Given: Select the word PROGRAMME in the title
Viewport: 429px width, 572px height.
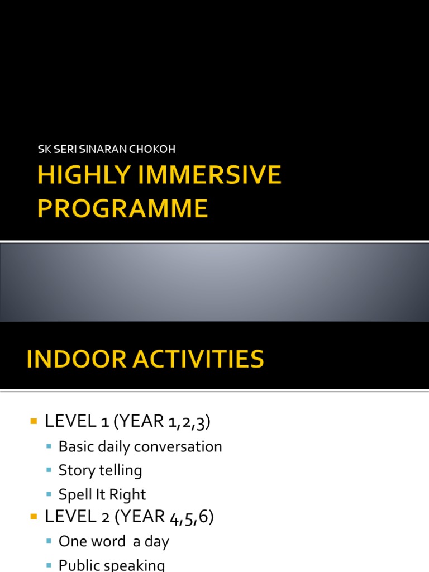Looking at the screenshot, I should [122, 208].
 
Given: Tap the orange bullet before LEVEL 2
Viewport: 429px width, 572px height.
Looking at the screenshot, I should [33, 517].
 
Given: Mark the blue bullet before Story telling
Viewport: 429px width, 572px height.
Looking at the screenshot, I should [49, 470].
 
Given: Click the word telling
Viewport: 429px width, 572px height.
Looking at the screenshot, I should [121, 470].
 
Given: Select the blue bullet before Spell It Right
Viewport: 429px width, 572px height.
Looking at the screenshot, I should [49, 494].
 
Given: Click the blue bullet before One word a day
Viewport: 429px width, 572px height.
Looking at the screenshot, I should [49, 541].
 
